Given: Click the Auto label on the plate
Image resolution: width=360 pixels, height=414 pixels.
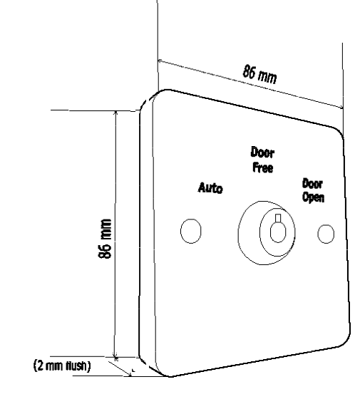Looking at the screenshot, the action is point(210,187).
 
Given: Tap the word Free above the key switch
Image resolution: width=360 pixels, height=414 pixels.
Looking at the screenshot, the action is point(263,167).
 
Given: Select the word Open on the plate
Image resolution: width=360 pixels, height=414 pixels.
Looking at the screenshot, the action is point(313,197).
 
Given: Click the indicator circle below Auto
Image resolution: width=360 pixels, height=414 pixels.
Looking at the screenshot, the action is point(191,231).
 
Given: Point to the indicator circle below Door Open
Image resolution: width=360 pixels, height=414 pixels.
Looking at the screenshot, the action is point(326,234).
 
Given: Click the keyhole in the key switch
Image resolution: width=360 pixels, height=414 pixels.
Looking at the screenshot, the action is point(278,232).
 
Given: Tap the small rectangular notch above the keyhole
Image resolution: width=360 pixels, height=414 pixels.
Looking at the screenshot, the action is point(278,218).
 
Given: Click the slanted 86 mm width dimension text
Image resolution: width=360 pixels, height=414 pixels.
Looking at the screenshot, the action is point(260,74).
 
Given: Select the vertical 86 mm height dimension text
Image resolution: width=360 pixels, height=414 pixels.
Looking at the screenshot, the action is point(105,239).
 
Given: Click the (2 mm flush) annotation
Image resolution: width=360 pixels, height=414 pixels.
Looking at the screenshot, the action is point(62,366).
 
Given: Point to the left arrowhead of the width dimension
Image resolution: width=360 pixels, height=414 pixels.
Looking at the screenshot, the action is point(160,61).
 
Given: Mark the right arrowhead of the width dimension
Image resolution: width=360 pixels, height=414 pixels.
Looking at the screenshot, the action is point(341,107).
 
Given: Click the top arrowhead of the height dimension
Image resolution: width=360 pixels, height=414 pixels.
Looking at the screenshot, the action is point(115,113).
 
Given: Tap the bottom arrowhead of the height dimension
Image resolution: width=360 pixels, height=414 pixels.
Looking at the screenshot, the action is point(115,354).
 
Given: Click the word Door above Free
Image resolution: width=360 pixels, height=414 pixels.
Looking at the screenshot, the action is point(262,152).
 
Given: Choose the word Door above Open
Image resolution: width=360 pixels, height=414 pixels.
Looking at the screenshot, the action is point(312,184).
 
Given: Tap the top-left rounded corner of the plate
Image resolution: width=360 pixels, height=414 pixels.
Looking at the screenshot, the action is point(158,95).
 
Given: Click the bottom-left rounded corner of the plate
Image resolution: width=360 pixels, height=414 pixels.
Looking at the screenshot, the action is point(161,372).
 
